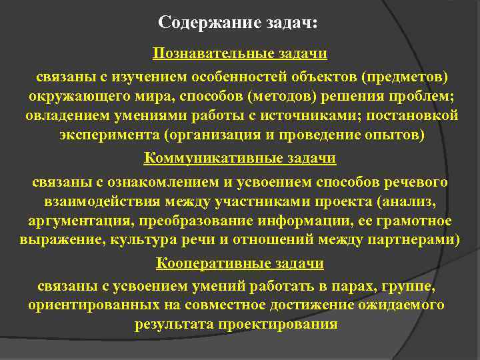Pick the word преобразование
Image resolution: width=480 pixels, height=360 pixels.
[191, 221]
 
